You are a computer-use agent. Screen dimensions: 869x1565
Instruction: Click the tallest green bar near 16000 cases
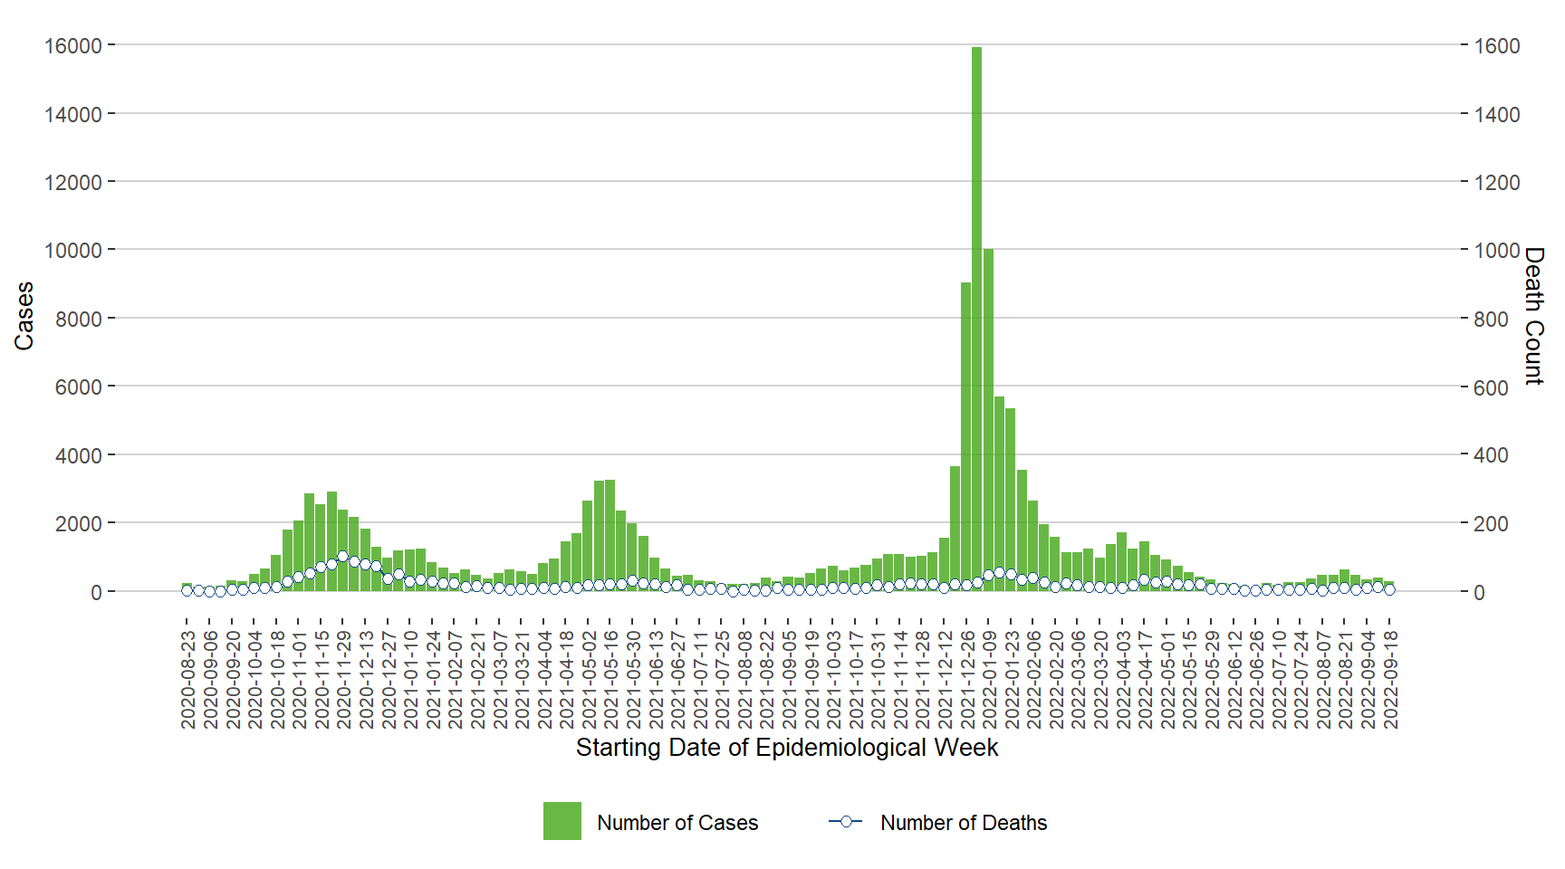coord(976,317)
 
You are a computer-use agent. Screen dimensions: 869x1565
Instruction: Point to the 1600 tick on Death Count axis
coord(1496,46)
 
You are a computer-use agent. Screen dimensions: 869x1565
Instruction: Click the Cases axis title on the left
coord(24,316)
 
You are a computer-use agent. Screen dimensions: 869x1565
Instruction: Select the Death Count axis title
coord(1533,316)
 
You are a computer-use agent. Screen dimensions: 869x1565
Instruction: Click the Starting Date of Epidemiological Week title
coord(786,748)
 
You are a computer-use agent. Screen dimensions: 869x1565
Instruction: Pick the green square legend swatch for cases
coord(562,821)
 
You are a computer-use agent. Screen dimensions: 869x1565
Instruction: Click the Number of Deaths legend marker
coord(846,821)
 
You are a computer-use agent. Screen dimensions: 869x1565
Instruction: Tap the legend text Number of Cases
coord(677,823)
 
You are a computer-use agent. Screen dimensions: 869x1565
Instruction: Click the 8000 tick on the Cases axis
coord(78,319)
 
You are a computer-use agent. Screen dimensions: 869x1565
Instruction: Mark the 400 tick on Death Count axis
coord(1491,455)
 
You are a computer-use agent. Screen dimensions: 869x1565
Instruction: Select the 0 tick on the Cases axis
coord(95,593)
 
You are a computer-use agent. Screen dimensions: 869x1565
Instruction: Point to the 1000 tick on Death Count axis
coord(1496,251)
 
